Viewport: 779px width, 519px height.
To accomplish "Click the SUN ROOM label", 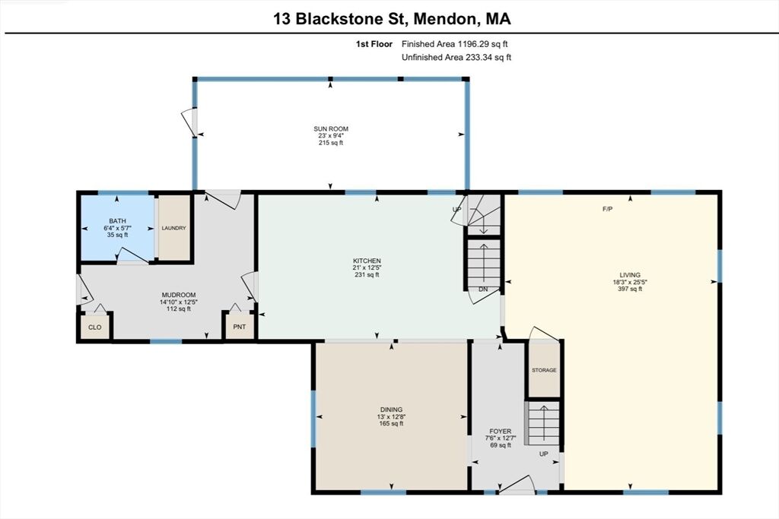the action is point(331,129).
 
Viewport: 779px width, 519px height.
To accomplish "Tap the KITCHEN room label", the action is point(367,261).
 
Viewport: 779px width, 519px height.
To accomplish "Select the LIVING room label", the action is point(629,275).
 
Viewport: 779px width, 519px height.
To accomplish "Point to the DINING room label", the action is point(391,410).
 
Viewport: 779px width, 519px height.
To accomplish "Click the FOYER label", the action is point(500,432).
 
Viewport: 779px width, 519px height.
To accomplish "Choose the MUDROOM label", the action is point(178,295).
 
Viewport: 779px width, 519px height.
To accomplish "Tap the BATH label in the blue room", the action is point(117,221).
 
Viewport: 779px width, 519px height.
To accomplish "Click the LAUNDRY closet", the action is point(174,228).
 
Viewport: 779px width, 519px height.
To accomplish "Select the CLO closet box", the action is point(94,327).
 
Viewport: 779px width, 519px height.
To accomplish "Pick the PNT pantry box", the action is point(239,327).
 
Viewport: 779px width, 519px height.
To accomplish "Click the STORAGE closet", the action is point(543,370).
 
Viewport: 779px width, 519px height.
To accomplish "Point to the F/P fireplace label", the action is point(607,210).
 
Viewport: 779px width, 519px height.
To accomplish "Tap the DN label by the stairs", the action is point(483,290).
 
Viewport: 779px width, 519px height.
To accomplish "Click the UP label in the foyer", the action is point(543,454).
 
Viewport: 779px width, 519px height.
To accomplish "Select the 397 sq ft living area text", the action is point(629,289).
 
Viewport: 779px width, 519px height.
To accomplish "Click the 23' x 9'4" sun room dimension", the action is point(331,136).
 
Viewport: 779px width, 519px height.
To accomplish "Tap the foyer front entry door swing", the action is point(517,484).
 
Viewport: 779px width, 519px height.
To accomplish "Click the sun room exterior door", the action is point(189,122).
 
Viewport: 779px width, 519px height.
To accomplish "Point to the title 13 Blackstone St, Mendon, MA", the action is point(392,19).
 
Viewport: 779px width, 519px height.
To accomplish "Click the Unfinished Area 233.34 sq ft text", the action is point(456,57).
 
